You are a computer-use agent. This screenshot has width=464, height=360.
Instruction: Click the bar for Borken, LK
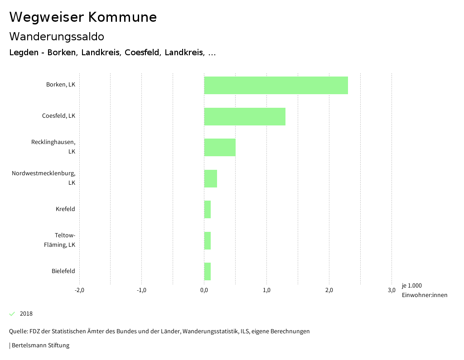[x=276, y=85]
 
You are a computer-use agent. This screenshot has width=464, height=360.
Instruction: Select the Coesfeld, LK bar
[x=245, y=116]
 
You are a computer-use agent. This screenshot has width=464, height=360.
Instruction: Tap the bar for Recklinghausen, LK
[x=220, y=147]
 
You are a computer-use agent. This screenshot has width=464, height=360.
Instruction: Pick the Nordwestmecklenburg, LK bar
[x=211, y=178]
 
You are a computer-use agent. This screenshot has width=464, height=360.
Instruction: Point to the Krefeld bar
[x=208, y=209]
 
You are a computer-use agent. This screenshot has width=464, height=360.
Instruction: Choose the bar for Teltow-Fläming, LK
[x=208, y=240]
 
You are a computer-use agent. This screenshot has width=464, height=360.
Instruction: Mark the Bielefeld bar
[x=208, y=271]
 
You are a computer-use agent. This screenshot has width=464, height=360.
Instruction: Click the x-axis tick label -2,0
[x=79, y=290]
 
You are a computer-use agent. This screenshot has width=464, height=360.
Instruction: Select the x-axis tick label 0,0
[x=204, y=290]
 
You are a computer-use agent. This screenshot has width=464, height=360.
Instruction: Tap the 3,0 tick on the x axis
[x=391, y=290]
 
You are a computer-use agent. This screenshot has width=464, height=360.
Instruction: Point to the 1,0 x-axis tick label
[x=266, y=290]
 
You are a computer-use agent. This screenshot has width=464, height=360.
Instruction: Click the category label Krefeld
[x=65, y=209]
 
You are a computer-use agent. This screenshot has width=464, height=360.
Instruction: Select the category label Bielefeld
[x=63, y=271]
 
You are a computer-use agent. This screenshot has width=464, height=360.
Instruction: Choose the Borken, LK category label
[x=60, y=85]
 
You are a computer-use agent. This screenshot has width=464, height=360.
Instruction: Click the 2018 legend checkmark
[x=12, y=314]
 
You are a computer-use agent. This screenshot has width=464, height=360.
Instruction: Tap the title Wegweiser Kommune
[x=83, y=17]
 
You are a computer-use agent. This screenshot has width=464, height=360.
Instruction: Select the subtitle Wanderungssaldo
[x=57, y=37]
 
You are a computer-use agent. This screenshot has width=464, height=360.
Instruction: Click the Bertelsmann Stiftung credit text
[x=40, y=346]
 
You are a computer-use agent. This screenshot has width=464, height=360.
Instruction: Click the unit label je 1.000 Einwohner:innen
[x=424, y=290]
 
